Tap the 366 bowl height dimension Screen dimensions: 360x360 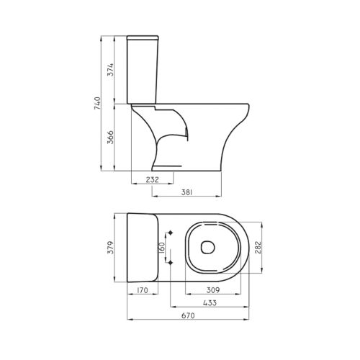(110, 138)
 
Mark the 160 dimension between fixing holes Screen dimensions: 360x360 (162, 249)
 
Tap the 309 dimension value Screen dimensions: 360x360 (214, 290)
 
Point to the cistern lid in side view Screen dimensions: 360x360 (143, 35)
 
